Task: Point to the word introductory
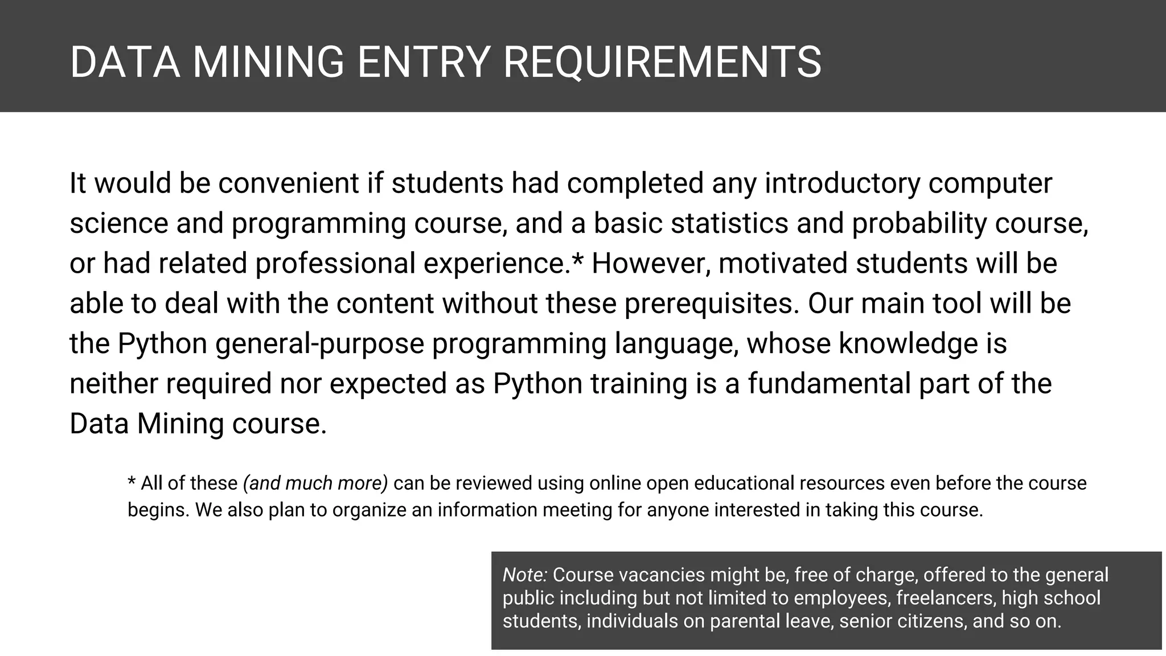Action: coord(842,183)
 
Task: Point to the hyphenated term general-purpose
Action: coord(320,344)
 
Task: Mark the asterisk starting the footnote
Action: coord(132,482)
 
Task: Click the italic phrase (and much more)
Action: coord(315,483)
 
